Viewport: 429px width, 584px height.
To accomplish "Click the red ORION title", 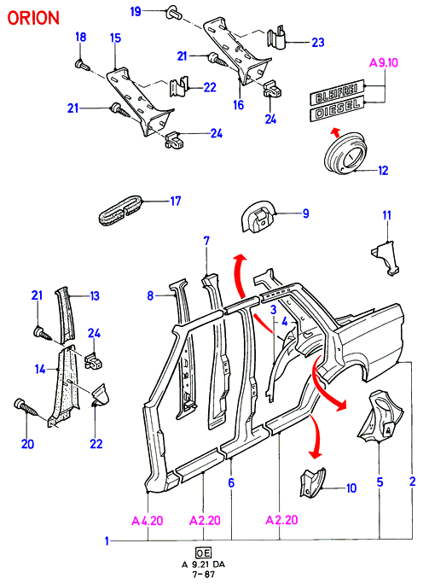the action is click(33, 18).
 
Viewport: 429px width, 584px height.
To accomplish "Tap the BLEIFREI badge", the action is click(336, 91).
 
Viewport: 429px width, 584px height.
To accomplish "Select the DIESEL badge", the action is click(337, 108).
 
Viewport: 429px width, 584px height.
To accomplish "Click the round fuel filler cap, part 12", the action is click(345, 153).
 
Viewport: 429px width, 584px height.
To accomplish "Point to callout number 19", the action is click(136, 11).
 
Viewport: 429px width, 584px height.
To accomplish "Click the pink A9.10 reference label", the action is click(384, 62).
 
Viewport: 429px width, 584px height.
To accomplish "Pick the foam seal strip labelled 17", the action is click(120, 210).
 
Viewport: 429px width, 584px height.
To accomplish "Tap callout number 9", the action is click(306, 213).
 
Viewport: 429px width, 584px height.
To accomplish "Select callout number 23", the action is click(318, 42).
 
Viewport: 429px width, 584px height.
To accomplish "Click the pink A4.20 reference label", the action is click(148, 520).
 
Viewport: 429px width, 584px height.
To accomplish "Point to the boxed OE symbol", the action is click(203, 552).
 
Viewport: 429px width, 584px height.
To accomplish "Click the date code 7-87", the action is click(204, 574).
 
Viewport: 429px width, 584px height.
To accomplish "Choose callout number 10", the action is click(351, 488).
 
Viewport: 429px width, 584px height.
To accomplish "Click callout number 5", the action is click(380, 482).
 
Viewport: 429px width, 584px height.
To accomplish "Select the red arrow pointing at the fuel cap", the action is click(336, 131).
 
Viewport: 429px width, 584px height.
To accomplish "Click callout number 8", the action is click(150, 295).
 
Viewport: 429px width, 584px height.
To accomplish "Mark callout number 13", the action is click(95, 295).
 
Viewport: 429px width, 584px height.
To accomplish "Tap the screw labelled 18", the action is click(82, 66).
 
